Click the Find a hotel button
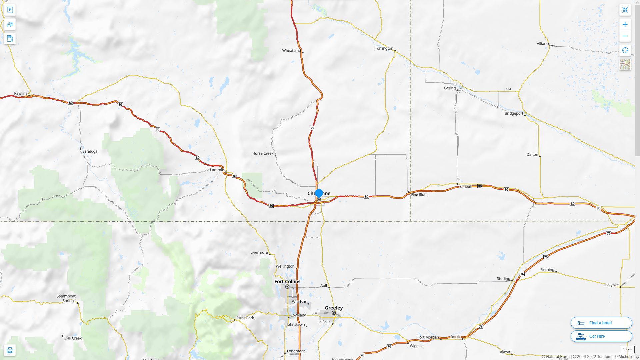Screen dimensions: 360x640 point(601,323)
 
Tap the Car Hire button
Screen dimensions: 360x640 point(601,336)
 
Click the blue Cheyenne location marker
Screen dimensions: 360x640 point(319,193)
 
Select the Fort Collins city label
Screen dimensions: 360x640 point(287,282)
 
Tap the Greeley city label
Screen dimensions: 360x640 point(334,308)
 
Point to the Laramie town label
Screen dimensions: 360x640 point(217,170)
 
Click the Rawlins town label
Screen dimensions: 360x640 point(21,93)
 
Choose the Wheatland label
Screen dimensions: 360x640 point(291,51)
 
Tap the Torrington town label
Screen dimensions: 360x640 point(384,48)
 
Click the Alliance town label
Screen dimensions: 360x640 point(543,44)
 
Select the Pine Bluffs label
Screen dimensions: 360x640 point(419,195)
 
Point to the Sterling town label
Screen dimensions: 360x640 point(503,279)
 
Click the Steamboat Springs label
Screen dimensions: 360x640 point(66,298)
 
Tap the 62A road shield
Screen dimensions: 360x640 point(508,89)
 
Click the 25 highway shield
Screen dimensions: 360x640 point(312,128)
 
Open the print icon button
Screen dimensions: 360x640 point(10,350)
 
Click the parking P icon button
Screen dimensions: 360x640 point(10,10)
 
